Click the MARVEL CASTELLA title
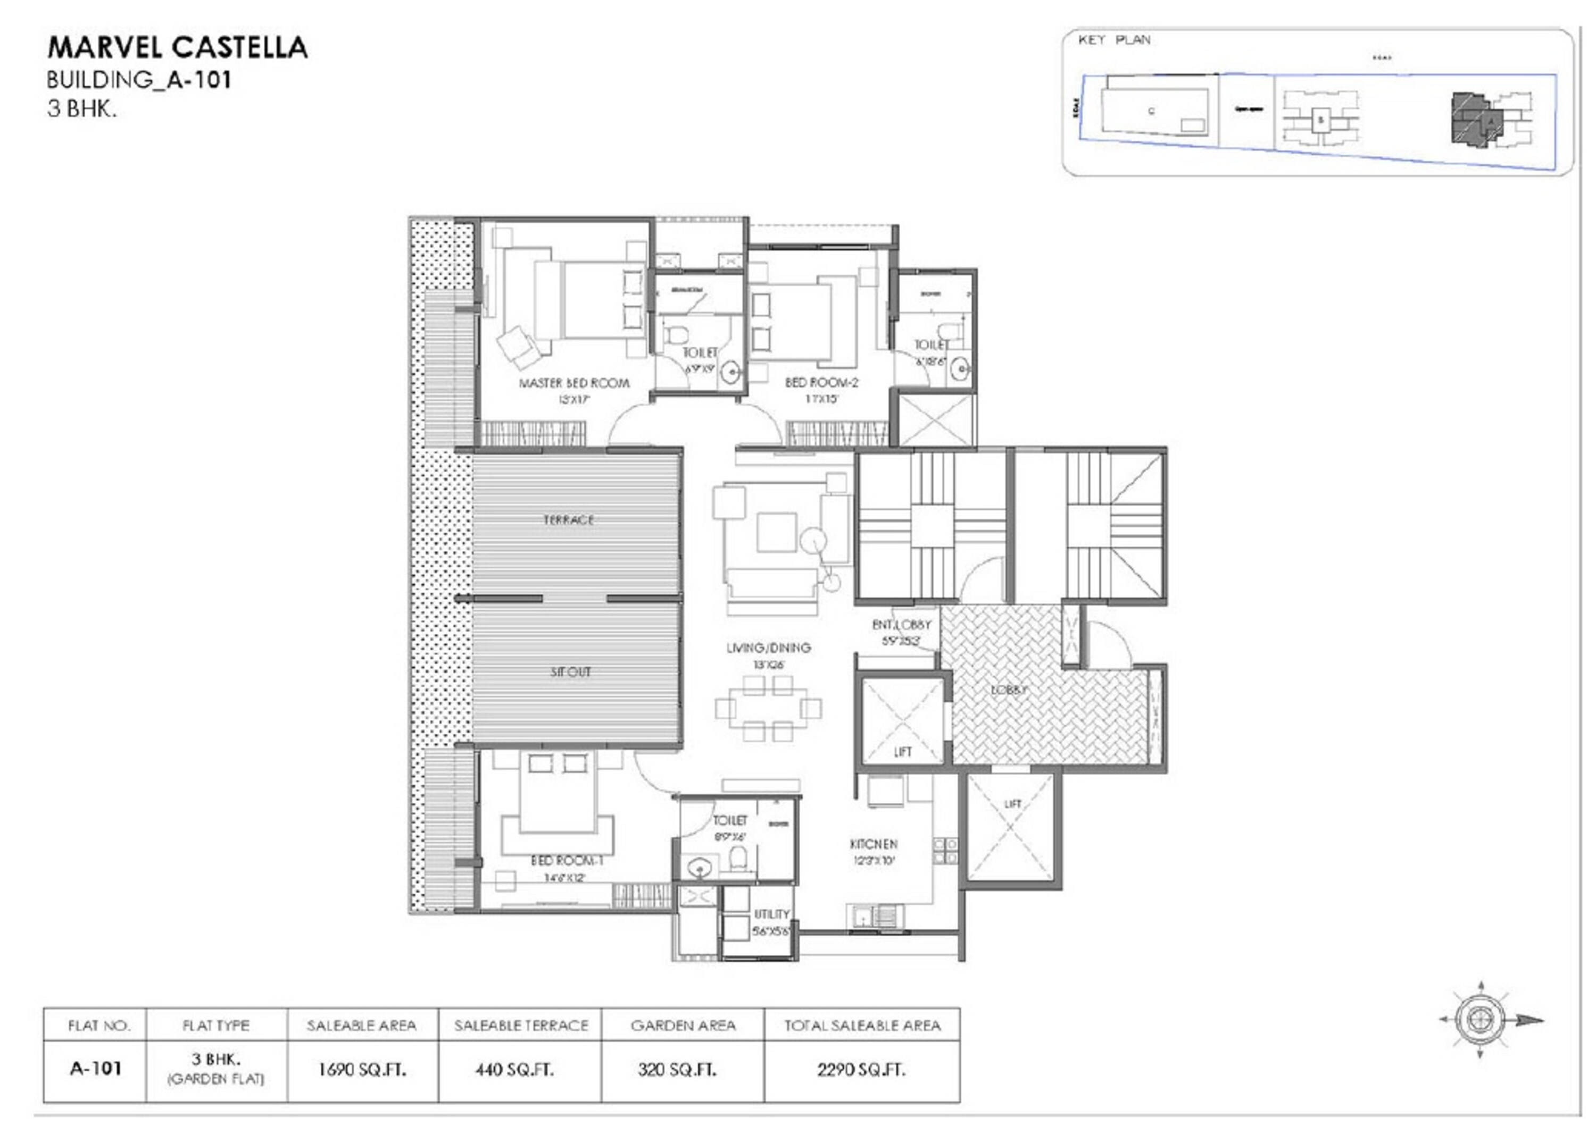pos(177,47)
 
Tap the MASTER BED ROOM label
pos(574,383)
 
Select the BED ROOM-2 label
pos(821,383)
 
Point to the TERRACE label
pos(569,520)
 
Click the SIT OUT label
pos(570,672)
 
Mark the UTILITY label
pos(771,914)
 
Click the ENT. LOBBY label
pos(901,625)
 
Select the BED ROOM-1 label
pos(567,861)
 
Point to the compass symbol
pos(1480,1019)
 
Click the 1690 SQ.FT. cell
pos(362,1070)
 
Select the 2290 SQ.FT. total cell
pos(861,1070)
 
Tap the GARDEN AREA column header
pos(683,1026)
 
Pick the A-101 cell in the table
pos(96,1069)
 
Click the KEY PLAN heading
pos(1114,40)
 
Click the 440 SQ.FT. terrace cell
pos(514,1070)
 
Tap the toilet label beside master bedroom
pos(700,352)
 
